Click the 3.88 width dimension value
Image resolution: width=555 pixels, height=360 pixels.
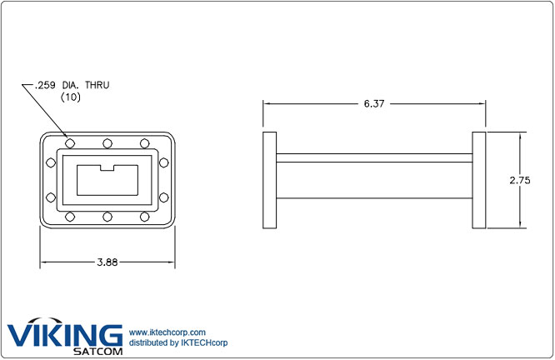tap(107, 262)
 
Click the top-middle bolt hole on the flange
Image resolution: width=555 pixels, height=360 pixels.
tap(107, 142)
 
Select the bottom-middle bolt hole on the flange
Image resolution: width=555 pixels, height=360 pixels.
tap(107, 217)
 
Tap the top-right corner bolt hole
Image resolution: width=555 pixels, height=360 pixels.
tap(145, 142)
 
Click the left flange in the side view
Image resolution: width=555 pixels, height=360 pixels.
tap(269, 180)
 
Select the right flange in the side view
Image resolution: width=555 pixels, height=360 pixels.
tap(479, 180)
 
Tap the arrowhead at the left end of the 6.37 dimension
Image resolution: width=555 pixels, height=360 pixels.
tap(267, 103)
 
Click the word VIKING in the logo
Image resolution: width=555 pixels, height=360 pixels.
tap(64, 335)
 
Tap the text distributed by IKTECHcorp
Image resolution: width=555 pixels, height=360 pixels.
tap(178, 342)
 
